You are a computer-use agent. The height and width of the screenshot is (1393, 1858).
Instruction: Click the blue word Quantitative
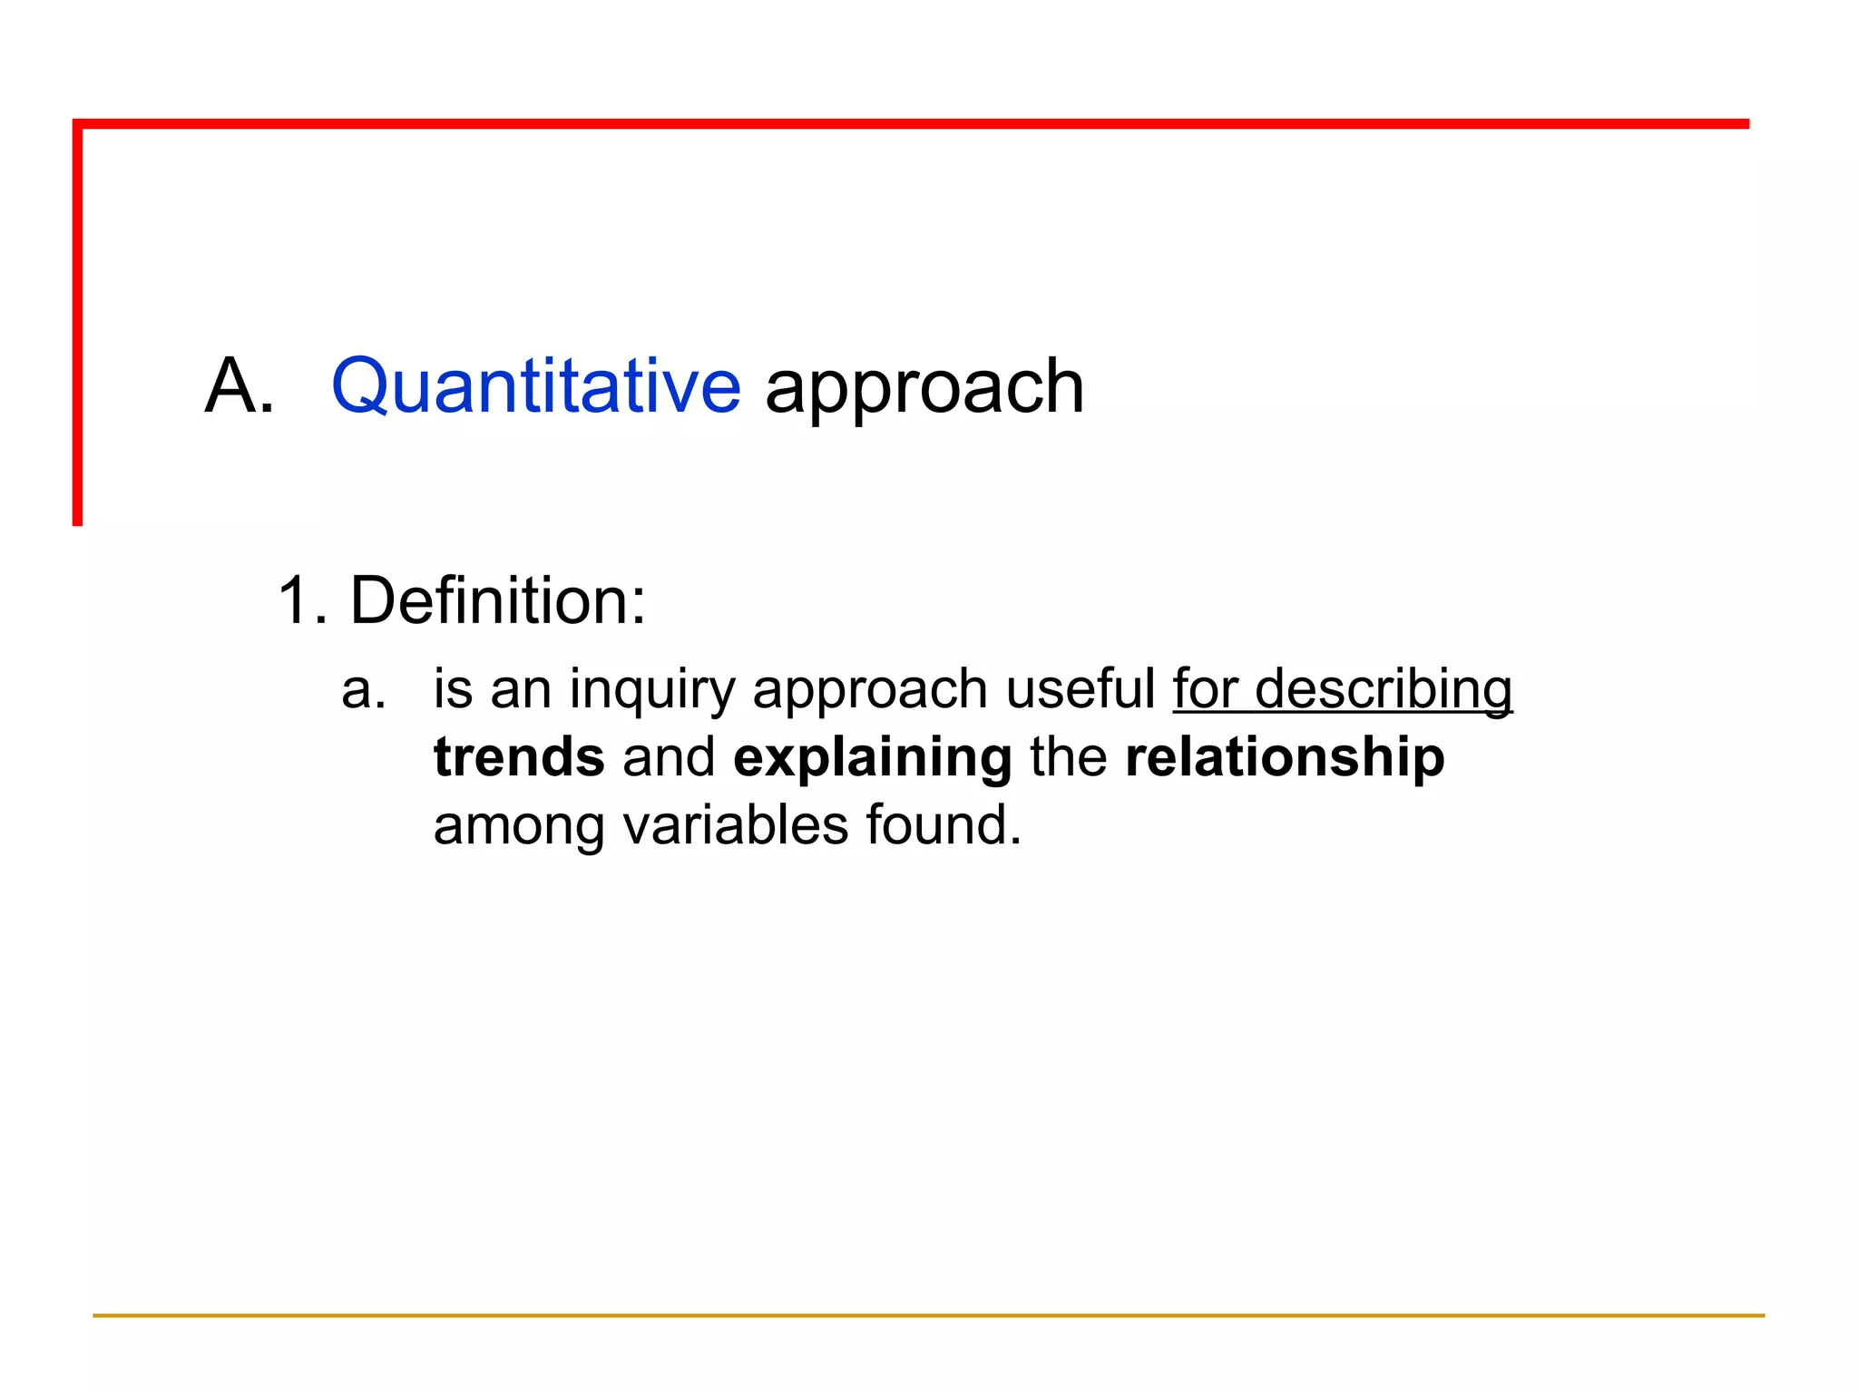[535, 386]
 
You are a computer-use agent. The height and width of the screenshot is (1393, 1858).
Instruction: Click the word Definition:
[498, 600]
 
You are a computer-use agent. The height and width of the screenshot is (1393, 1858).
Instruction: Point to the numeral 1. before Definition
[301, 600]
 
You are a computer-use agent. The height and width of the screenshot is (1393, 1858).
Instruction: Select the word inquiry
[651, 689]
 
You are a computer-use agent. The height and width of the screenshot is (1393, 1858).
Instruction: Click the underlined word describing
[1384, 689]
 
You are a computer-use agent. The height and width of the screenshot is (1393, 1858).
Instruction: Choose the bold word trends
[519, 757]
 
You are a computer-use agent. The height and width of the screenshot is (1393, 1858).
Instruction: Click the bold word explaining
[872, 758]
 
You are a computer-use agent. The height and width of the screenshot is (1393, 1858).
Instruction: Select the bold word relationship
[1285, 758]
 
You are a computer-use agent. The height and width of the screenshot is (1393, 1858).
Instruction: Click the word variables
[735, 825]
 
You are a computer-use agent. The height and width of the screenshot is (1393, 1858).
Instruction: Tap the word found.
[943, 825]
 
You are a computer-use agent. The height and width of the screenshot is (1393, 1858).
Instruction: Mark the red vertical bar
[78, 326]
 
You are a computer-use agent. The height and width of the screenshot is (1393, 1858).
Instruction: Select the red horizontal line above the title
[907, 124]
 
